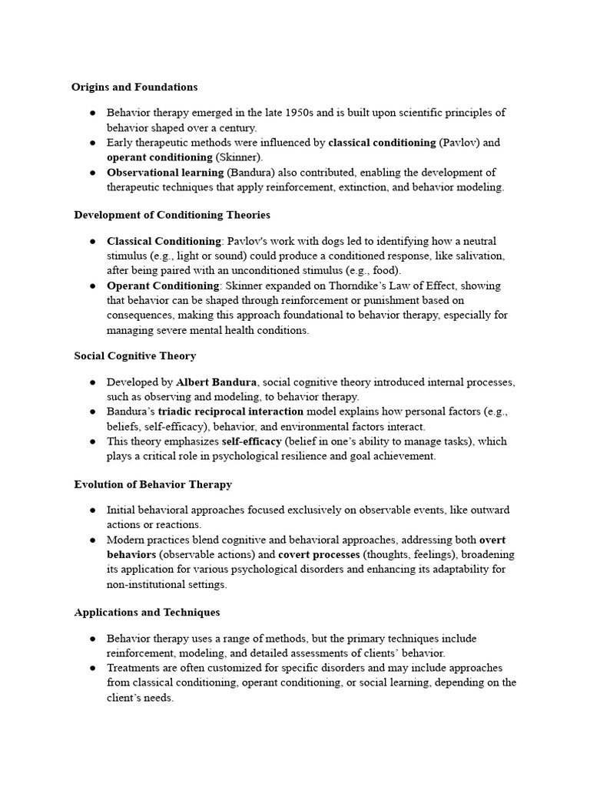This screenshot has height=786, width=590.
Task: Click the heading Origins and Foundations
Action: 134,87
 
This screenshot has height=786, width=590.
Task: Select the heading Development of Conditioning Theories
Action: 172,215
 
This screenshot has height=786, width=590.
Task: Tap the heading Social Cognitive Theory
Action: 134,356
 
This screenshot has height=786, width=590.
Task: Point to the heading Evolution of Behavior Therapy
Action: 153,484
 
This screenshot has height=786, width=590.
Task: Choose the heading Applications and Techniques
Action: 147,613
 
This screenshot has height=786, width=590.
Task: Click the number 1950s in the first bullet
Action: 291,113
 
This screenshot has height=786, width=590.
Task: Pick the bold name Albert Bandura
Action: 217,382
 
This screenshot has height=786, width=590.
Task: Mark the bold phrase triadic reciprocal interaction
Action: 230,412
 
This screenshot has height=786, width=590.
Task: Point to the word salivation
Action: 480,256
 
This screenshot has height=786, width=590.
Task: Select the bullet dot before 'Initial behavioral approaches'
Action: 92,510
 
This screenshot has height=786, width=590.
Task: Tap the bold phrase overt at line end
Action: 492,540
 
